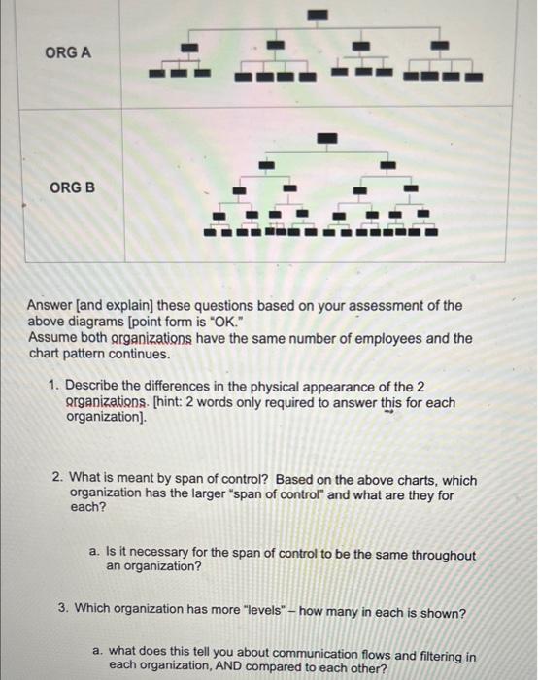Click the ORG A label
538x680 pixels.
point(68,52)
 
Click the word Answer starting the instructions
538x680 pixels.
point(52,305)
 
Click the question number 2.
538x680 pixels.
point(59,480)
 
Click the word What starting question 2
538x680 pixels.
point(87,480)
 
